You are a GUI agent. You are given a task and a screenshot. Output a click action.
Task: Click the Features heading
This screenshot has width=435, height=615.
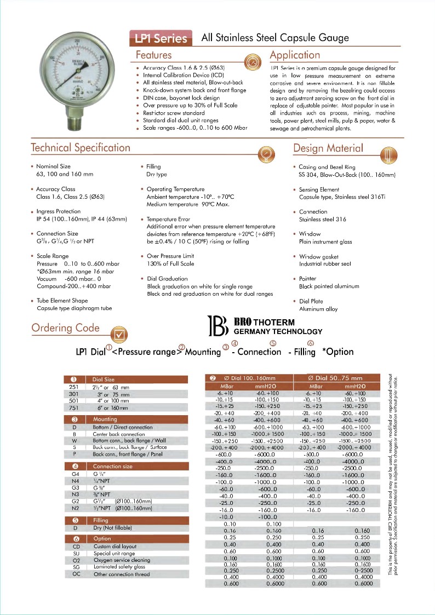(154, 55)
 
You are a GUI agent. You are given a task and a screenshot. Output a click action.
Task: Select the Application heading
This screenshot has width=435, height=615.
(295, 55)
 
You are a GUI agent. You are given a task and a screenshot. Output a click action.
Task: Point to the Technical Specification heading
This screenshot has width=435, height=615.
(81, 148)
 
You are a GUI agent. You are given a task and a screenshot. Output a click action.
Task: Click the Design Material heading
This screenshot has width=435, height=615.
(328, 148)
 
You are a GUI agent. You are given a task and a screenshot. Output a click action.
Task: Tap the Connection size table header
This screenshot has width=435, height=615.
(112, 466)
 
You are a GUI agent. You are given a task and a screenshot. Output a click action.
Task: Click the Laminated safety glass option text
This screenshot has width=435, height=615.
(119, 567)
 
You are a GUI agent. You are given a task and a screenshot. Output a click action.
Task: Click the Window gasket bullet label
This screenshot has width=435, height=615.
(319, 256)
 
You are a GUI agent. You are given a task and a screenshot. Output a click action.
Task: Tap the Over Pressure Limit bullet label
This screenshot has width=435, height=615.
(170, 256)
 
